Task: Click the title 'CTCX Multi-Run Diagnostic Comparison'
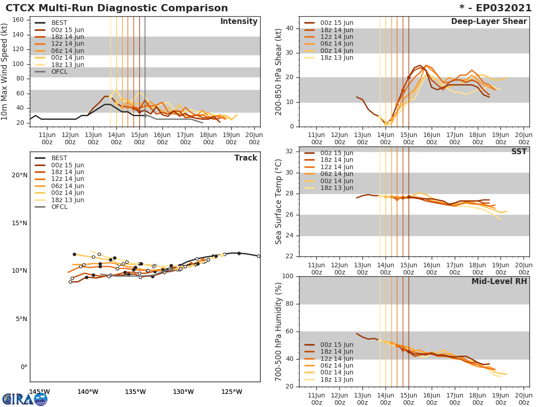point(117,8)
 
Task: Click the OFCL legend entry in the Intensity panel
point(59,72)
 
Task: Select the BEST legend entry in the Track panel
point(59,158)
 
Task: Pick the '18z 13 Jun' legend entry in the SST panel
point(336,188)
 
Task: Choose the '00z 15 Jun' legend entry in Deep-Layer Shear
point(336,23)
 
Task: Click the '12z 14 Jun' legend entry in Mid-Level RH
point(336,359)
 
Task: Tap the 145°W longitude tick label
point(39,392)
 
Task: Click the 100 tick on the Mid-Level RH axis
point(287,276)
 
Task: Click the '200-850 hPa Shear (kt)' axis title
point(279,71)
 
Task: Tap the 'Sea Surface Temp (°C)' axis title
point(279,202)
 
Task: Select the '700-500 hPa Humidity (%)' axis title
point(279,331)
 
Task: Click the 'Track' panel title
point(245,158)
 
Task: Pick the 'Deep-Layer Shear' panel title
point(489,22)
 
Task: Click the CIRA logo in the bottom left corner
point(24,399)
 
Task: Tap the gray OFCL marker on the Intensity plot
point(145,115)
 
